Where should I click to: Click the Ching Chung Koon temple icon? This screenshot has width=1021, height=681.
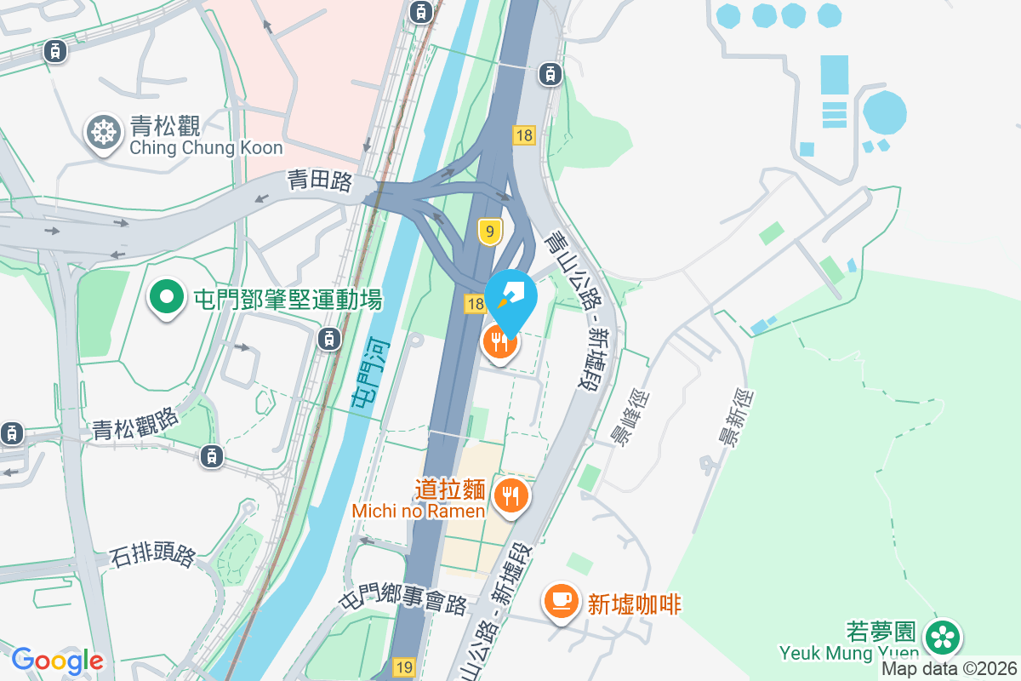104,133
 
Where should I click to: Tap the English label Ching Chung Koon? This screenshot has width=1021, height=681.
206,148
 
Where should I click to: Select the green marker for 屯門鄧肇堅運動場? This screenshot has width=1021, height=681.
168,299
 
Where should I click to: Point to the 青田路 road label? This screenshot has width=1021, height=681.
319,180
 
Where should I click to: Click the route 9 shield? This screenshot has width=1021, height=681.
488,232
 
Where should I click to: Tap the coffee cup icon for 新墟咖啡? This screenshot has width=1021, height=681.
561,601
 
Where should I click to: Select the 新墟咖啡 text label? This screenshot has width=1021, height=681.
634,604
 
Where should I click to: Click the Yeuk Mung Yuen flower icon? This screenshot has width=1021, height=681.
942,637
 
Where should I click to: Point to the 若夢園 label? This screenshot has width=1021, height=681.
881,632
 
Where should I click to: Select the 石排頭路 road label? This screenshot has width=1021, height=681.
153,557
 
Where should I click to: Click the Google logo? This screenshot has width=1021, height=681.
57,661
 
